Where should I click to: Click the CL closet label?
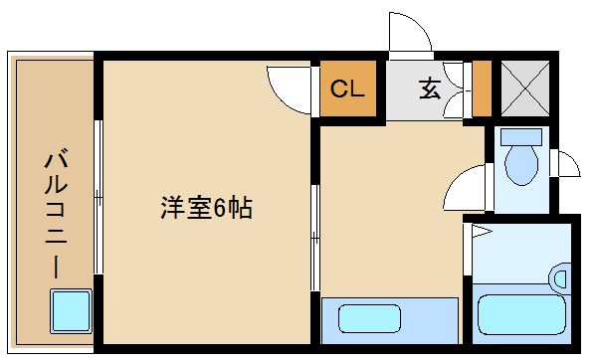(x=347, y=89)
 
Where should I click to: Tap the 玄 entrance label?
(x=430, y=90)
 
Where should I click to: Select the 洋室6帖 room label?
(x=207, y=208)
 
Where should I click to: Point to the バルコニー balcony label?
(x=57, y=215)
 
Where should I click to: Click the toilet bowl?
(x=521, y=165)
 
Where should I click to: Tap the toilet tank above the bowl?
(x=521, y=137)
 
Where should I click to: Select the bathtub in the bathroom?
(x=521, y=314)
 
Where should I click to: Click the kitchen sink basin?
(x=369, y=319)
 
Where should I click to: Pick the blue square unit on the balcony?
(x=72, y=311)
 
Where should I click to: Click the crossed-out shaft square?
(x=525, y=88)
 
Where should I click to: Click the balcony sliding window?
(x=99, y=197)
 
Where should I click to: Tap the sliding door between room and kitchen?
(x=315, y=239)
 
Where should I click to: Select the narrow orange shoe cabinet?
(x=482, y=89)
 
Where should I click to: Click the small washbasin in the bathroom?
(x=559, y=278)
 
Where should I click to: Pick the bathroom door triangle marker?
(x=482, y=231)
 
